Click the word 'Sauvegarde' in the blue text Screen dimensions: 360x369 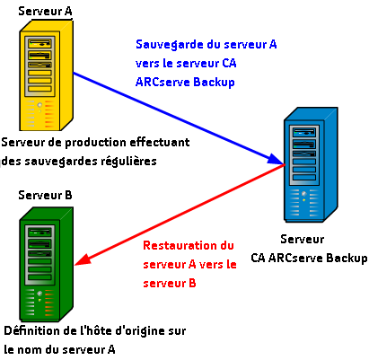tap(168, 43)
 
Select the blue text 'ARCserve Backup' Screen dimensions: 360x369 tap(184, 82)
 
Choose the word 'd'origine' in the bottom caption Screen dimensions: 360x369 tap(135, 330)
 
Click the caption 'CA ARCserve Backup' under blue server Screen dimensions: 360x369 tap(310, 259)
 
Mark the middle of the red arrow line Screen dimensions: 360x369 tap(180, 214)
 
